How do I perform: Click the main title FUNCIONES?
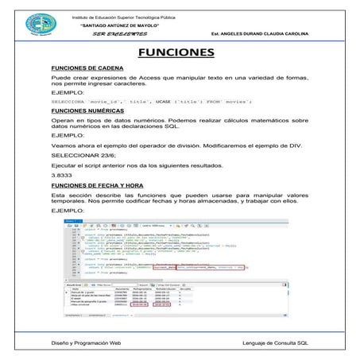(180, 53)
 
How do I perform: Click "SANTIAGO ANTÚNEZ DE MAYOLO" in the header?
(126, 25)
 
